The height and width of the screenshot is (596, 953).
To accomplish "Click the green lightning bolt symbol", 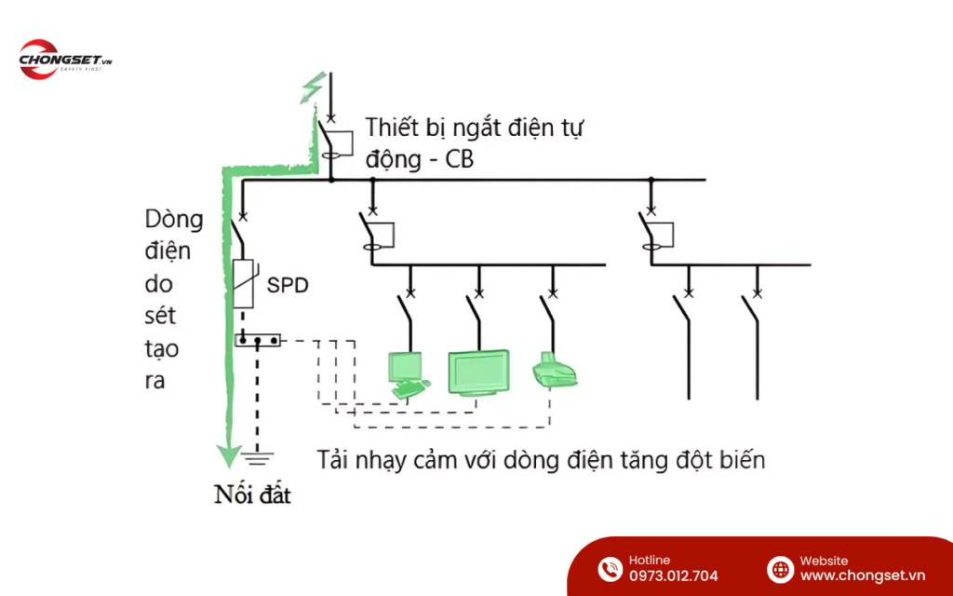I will (310, 88).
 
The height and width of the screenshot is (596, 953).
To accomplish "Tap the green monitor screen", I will (478, 372).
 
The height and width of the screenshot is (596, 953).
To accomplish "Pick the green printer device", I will (556, 371).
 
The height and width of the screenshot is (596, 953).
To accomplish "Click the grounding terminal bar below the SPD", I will (258, 341).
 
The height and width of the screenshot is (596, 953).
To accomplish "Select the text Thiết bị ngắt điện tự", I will (475, 127).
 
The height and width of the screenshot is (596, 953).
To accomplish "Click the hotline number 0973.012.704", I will (673, 576).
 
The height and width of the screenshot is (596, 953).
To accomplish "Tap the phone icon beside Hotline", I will (610, 568).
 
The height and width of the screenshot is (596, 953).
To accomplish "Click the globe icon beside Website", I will (779, 568).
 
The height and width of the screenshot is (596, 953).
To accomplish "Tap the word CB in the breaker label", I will (459, 159).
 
